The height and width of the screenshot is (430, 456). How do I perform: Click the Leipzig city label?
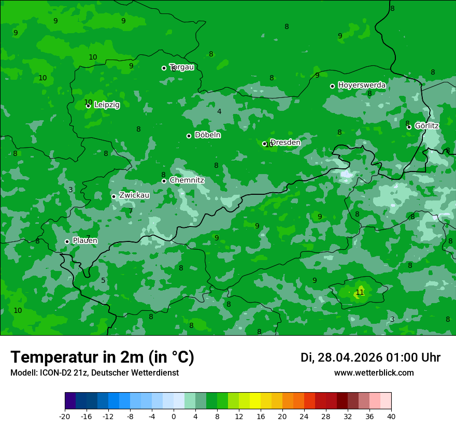[x=107, y=105]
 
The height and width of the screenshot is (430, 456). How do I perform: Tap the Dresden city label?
[x=286, y=142]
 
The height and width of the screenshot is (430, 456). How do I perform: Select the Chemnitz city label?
[x=187, y=180]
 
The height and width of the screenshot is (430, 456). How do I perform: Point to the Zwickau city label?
[x=134, y=195]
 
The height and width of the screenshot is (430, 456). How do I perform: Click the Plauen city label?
[x=85, y=241]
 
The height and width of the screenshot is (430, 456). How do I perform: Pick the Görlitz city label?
[x=427, y=126]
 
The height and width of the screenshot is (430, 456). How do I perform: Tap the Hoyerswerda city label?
[x=362, y=85]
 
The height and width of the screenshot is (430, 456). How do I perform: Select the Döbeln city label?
[x=207, y=135]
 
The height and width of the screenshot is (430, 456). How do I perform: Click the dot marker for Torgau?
[x=164, y=68]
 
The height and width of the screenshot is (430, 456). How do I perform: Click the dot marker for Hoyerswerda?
[x=332, y=86]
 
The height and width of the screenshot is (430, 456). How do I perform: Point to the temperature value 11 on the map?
[x=360, y=293]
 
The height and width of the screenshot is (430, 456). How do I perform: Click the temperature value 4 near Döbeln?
[x=219, y=111]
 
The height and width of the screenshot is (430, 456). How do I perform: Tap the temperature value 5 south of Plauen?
[x=103, y=281]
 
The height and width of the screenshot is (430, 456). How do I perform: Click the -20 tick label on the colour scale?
[x=65, y=416]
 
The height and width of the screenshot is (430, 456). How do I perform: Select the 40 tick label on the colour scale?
[x=391, y=416]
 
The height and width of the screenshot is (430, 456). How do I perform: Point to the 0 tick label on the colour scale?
[x=174, y=416]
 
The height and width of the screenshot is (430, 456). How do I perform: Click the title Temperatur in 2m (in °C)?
[x=102, y=357]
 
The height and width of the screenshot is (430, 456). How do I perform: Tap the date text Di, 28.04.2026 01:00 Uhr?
[x=370, y=357]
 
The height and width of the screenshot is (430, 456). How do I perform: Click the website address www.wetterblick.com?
[x=374, y=373]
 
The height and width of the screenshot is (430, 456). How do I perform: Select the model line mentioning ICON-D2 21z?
[x=94, y=373]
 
